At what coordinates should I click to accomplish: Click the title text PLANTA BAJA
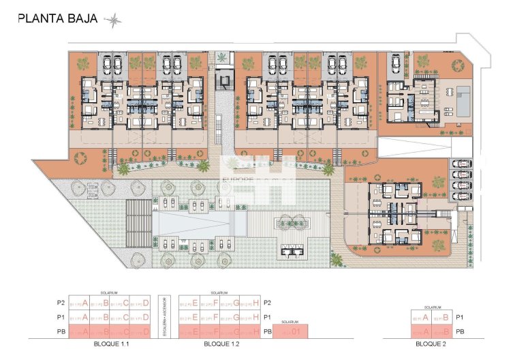tap(59, 19)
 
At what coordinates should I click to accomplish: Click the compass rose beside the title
tap(113, 20)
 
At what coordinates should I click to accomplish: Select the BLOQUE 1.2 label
tap(219, 344)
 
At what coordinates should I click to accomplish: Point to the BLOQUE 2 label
tap(431, 344)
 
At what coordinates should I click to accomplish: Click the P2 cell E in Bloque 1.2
tap(189, 303)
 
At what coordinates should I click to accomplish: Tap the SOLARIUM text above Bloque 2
tap(432, 307)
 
